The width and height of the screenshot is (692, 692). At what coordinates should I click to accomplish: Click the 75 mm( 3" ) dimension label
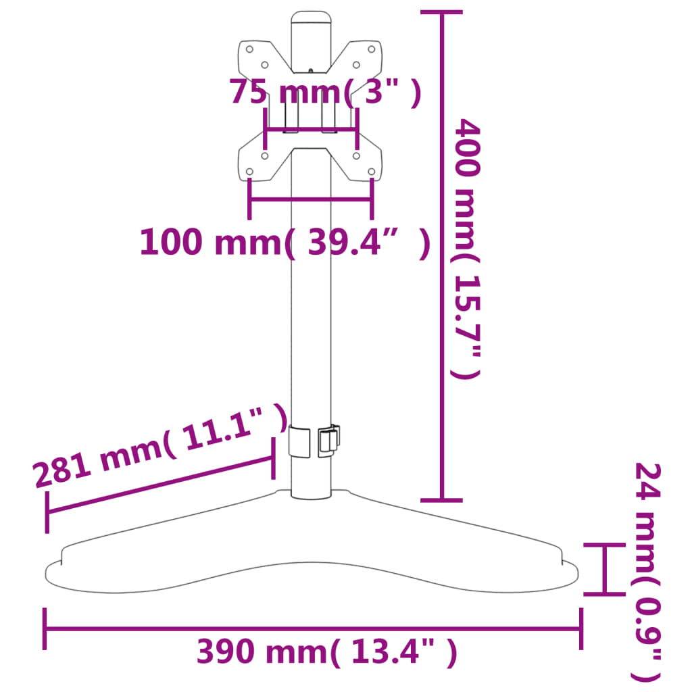325,93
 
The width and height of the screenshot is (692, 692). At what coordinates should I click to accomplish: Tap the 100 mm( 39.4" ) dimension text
285,243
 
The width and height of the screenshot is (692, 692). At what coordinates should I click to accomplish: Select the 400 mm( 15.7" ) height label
468,248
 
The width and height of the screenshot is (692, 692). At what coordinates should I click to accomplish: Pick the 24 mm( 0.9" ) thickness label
647,572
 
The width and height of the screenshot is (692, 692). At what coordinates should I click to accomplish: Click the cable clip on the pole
328,440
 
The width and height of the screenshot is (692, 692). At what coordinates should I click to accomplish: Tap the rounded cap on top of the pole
312,18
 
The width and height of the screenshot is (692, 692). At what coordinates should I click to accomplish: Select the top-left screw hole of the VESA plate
249,49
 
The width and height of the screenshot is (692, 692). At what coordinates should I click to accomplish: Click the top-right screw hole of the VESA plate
371,49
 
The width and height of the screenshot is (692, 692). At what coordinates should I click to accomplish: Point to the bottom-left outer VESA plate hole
250,172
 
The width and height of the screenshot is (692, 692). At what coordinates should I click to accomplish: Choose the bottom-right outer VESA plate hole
371,172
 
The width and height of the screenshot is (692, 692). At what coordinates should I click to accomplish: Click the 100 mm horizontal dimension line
310,199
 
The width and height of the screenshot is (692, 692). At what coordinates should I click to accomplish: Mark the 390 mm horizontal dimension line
312,629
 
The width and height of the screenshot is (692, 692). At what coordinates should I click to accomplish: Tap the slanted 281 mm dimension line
160,485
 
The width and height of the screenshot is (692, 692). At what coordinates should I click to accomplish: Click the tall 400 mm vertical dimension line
442,257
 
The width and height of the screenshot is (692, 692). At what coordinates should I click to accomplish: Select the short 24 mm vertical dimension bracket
604,568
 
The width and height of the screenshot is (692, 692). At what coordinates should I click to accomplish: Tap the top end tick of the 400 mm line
442,12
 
